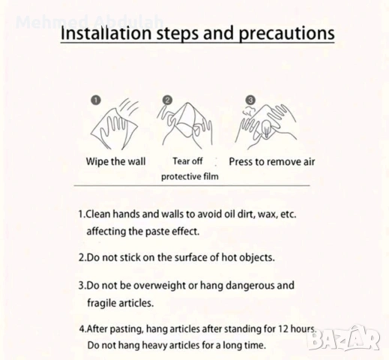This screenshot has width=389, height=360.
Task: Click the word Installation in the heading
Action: point(106,33)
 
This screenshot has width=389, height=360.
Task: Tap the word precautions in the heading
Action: point(286,34)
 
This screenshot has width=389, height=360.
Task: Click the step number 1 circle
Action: point(96,100)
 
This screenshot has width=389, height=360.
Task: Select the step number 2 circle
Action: point(167,100)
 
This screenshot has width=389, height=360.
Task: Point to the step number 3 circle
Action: point(250,100)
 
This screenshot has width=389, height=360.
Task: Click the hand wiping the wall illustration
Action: point(115,124)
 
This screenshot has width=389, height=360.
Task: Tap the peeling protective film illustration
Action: point(185,124)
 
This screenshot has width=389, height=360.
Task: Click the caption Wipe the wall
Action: point(115,161)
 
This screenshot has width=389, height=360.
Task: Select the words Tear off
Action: point(187,161)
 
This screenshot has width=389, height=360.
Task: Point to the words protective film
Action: point(190,176)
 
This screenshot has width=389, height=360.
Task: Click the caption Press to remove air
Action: point(272,162)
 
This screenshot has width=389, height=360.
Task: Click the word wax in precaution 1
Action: point(268,214)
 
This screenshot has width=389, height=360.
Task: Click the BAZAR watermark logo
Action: point(344,337)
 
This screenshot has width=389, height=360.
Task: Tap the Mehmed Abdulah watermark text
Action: point(89,22)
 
